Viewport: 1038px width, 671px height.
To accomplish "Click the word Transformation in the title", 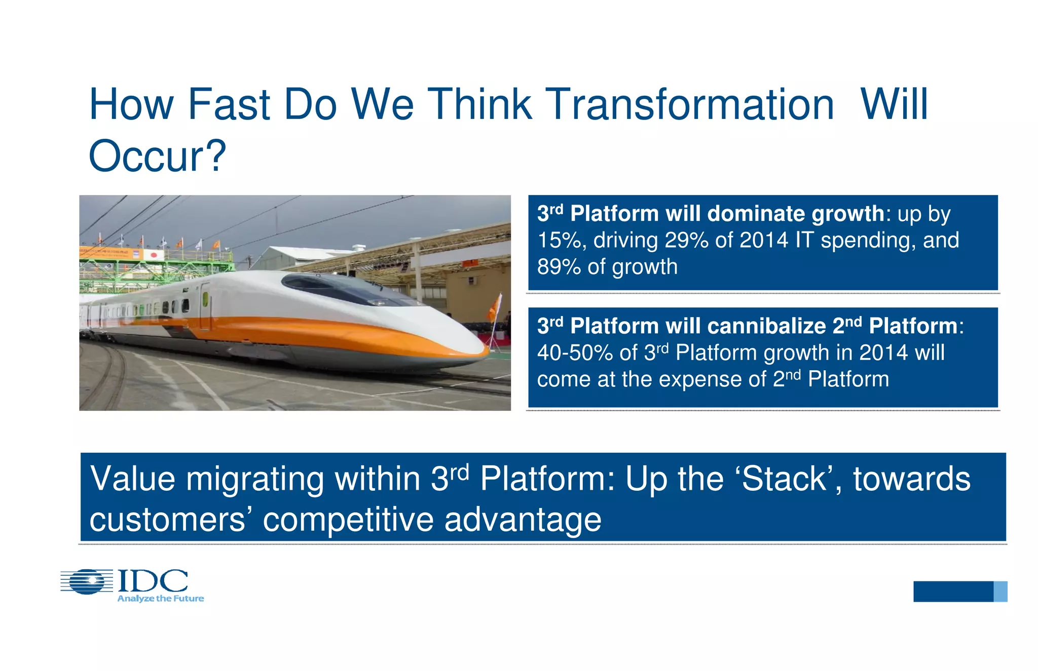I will (691, 105).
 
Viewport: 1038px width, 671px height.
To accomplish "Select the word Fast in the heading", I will (229, 105).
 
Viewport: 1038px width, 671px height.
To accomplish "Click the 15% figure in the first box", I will (559, 241).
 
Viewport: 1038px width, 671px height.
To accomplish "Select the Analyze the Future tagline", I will (160, 599).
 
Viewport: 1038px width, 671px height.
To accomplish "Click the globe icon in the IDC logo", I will (87, 581).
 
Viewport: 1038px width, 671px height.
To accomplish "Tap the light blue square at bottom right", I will (1000, 591).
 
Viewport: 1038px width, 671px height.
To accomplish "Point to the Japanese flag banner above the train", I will (154, 255).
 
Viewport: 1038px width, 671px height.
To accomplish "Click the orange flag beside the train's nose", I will (493, 308).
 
